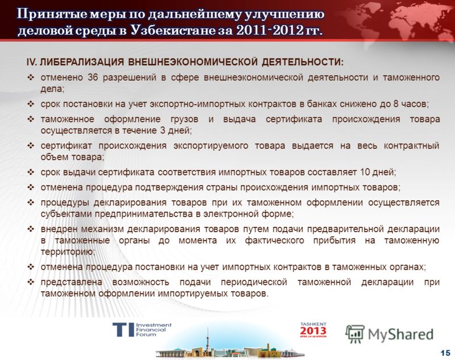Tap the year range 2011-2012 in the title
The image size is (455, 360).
click(270, 30)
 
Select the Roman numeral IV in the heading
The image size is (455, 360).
click(31, 63)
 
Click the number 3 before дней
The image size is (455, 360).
click(163, 131)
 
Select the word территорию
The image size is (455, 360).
click(68, 252)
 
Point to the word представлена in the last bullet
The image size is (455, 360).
click(72, 282)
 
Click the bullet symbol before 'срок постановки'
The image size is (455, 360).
click(31, 104)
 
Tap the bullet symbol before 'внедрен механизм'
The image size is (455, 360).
click(31, 229)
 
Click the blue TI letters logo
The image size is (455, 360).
click(123, 330)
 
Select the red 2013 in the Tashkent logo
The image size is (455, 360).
click(313, 330)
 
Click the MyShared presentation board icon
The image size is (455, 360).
click(354, 334)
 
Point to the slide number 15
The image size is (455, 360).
click(445, 353)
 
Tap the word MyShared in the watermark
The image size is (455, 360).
click(400, 334)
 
